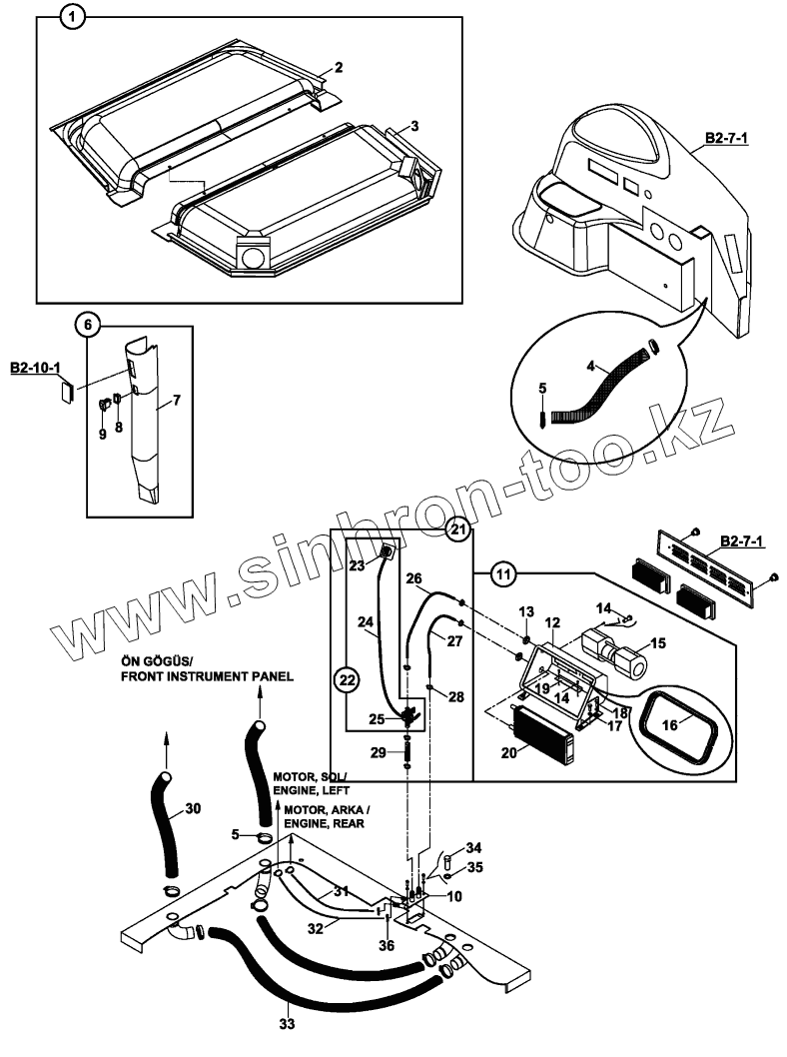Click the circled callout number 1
point(73,16)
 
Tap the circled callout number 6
point(88,325)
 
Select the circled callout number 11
point(506,574)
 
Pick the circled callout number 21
point(458,529)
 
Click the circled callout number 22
point(346,680)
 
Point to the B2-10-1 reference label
point(34,370)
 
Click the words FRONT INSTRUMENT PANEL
point(207,676)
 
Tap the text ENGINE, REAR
point(324,824)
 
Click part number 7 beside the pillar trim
point(176,402)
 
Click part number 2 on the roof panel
point(339,67)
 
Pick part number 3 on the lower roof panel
point(414,126)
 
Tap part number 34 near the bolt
point(473,847)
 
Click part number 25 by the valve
point(375,718)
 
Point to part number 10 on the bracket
point(454,896)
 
